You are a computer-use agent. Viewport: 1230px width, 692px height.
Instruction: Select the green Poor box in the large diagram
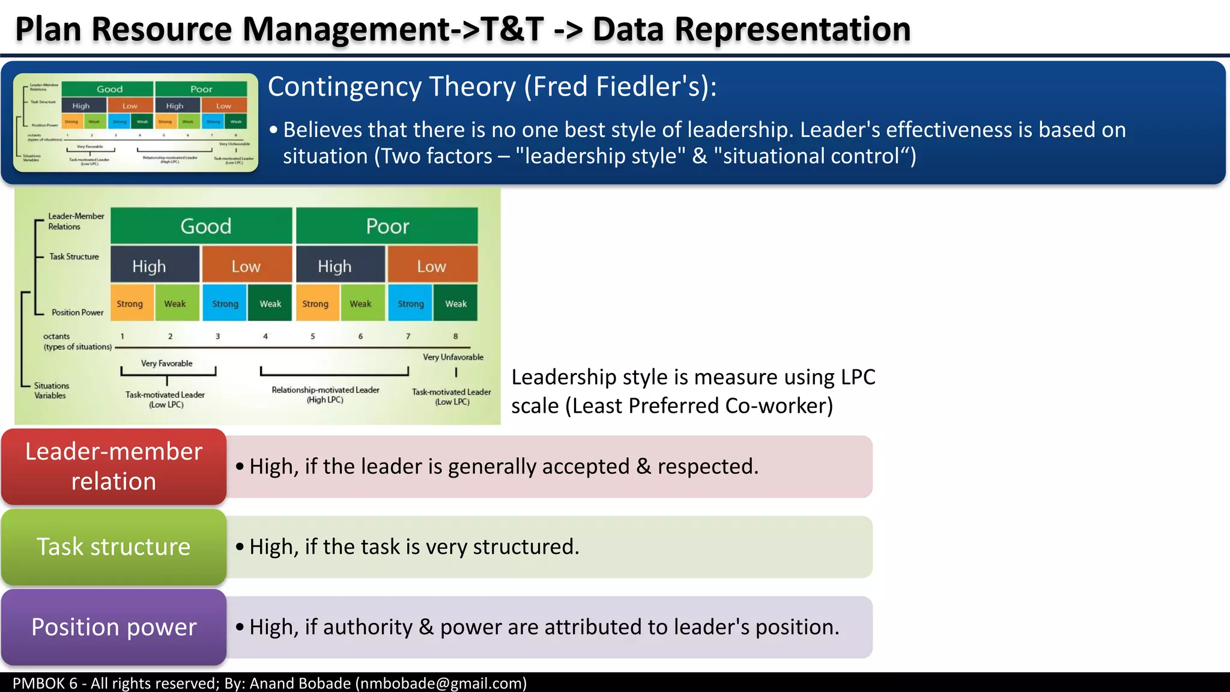387,226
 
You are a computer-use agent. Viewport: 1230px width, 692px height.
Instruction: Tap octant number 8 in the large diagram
455,336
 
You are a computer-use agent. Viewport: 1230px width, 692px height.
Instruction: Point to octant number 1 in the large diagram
123,336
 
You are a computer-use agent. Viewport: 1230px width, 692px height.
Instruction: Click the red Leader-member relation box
114,466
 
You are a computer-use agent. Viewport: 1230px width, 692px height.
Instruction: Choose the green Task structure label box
114,547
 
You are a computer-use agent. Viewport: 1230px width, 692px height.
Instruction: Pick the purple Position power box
114,627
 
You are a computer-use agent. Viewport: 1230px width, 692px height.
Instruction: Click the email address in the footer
441,683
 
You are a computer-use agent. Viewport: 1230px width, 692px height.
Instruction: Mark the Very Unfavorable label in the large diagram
453,357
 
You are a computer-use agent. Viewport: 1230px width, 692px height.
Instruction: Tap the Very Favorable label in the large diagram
166,363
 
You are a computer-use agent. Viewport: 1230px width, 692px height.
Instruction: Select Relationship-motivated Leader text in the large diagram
326,390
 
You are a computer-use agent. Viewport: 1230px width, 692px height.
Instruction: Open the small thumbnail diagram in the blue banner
136,123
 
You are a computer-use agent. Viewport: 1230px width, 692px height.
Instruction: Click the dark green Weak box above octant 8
455,304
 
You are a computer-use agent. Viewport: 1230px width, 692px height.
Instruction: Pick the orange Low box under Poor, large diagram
432,266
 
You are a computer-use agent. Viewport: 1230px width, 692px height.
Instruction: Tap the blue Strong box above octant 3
225,304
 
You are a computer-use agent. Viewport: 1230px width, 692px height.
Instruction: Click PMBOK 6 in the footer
45,683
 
